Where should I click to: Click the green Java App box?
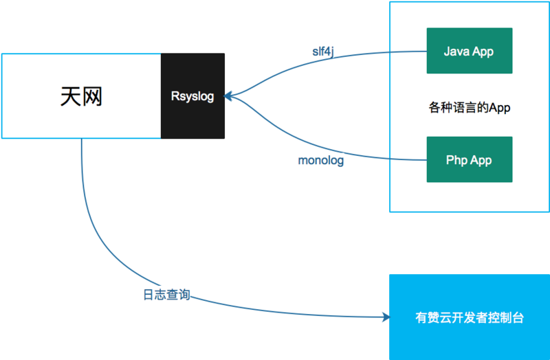pyautogui.click(x=470, y=51)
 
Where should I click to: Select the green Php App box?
pyautogui.click(x=470, y=159)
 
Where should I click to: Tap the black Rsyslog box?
pyautogui.click(x=192, y=95)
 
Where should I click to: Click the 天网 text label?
pyautogui.click(x=81, y=96)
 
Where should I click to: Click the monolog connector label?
pyautogui.click(x=320, y=161)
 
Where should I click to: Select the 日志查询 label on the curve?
pyautogui.click(x=162, y=295)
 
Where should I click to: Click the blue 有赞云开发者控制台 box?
pyautogui.click(x=470, y=317)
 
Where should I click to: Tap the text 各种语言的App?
pyautogui.click(x=470, y=108)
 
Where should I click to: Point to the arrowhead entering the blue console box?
pyautogui.click(x=384, y=317)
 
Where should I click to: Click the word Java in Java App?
pyautogui.click(x=456, y=52)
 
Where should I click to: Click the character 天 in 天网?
pyautogui.click(x=70, y=96)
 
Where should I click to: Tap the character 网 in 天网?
pyautogui.click(x=92, y=96)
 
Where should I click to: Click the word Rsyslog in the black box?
pyautogui.click(x=192, y=96)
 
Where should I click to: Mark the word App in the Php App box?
pyautogui.click(x=482, y=160)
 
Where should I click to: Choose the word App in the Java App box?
pyautogui.click(x=483, y=52)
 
